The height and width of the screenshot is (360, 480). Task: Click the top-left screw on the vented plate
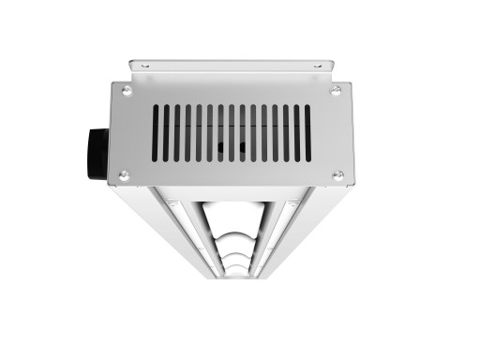(x=126, y=90)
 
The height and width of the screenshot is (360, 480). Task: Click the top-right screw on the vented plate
(x=335, y=89)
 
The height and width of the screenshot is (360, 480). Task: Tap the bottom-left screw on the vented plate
(x=123, y=175)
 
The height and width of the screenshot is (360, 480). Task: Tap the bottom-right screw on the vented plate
(x=337, y=174)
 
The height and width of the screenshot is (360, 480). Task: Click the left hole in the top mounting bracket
(x=144, y=66)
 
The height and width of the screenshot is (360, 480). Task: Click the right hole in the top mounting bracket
(x=316, y=66)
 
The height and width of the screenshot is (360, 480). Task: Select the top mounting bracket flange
(x=231, y=67)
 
